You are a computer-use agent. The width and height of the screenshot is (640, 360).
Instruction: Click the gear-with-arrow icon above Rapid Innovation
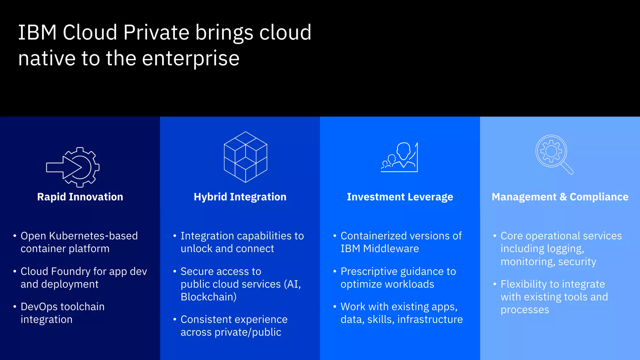click(73, 167)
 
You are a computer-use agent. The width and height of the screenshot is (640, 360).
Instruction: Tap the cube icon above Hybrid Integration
click(246, 157)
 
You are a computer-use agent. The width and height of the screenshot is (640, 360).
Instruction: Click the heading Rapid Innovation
click(80, 197)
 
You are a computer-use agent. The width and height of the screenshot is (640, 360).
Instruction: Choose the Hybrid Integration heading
click(240, 197)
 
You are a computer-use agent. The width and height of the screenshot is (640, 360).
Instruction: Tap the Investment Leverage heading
click(400, 197)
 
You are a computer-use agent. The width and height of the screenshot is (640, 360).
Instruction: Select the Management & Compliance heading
click(560, 197)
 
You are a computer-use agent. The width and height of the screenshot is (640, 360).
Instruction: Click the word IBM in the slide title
click(37, 32)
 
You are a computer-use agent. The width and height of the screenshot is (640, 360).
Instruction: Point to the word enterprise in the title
click(191, 58)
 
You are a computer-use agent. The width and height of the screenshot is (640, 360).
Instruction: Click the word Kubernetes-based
click(93, 236)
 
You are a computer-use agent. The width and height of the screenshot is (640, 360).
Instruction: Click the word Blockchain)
click(208, 297)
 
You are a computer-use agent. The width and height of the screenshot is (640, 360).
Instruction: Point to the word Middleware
click(391, 249)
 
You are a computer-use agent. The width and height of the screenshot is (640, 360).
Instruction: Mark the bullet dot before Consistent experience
click(175, 319)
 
